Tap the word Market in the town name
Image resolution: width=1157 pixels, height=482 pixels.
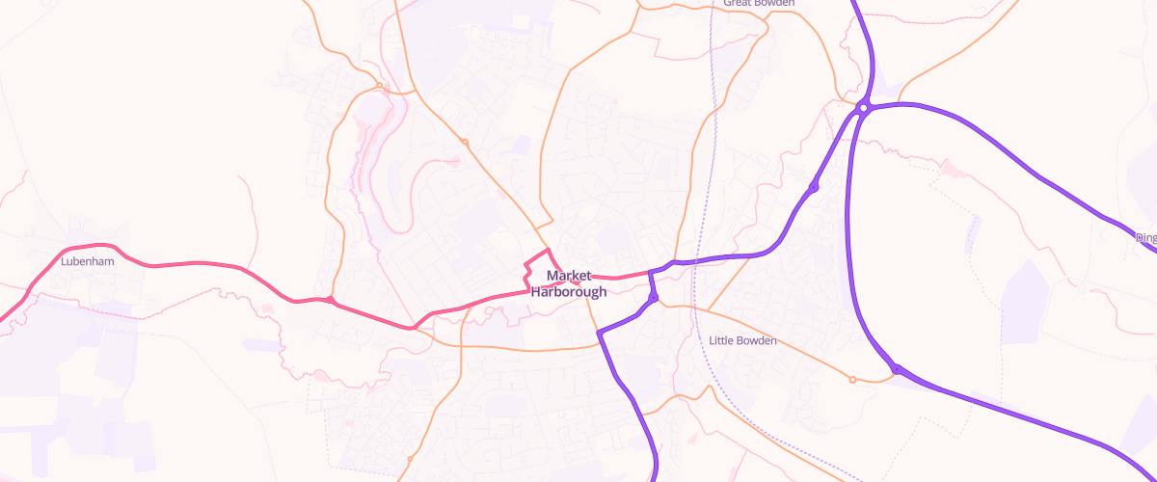click(569, 276)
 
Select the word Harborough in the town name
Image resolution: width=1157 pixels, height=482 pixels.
click(569, 291)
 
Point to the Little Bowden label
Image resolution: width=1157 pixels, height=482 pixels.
click(742, 340)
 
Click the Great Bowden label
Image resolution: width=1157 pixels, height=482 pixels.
click(759, 4)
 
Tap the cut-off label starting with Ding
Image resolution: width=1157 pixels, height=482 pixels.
click(1145, 237)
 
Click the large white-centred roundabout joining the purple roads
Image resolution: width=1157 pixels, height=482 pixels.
click(864, 108)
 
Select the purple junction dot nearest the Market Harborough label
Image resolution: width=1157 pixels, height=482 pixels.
click(653, 298)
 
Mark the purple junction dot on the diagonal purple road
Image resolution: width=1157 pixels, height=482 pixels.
click(814, 187)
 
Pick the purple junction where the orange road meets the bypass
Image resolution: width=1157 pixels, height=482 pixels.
click(896, 369)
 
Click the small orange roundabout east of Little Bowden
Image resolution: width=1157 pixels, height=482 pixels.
click(852, 380)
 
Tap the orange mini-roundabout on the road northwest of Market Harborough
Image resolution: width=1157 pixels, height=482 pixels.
click(464, 143)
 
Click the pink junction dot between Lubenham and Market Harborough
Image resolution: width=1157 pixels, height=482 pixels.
click(331, 300)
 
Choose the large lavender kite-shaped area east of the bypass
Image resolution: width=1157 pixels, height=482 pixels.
click(1024, 299)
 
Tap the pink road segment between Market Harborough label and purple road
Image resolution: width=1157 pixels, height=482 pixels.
click(627, 278)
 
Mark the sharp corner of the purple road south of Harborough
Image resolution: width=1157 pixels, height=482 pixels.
click(599, 334)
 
